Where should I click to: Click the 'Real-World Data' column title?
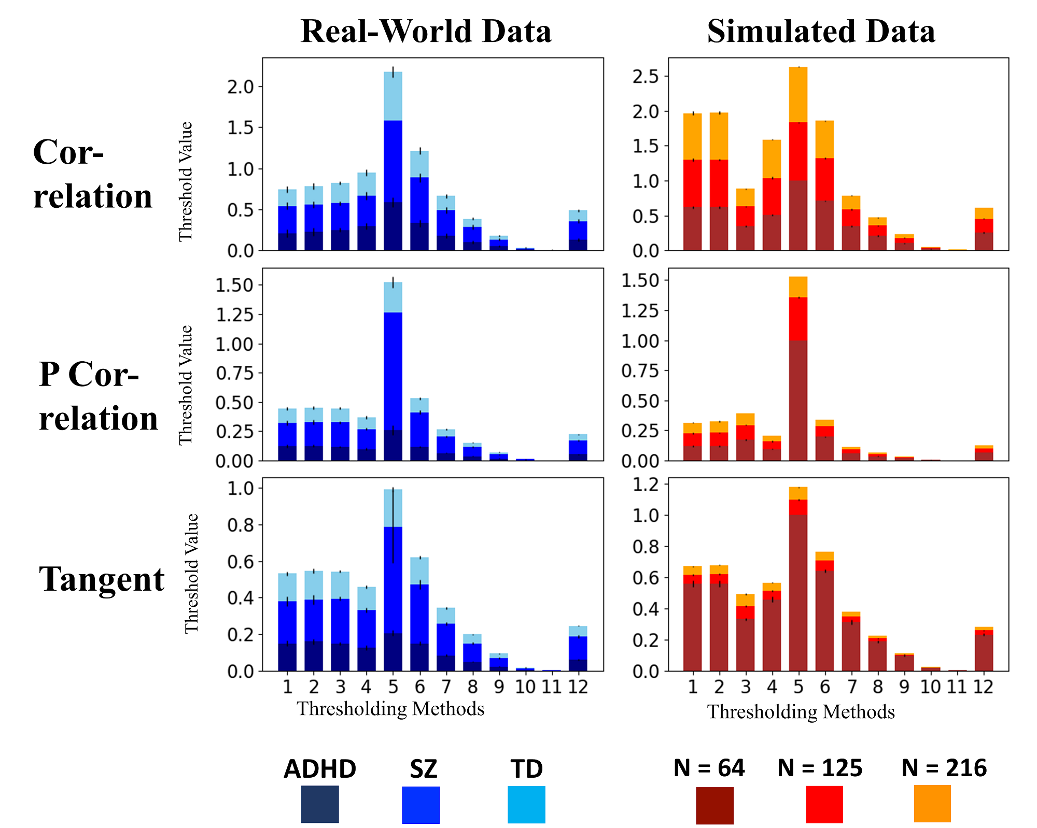click(x=426, y=31)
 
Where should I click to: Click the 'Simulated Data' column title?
click(x=821, y=31)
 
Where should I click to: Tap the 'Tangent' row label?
click(x=102, y=579)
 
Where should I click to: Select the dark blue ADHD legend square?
click(x=320, y=804)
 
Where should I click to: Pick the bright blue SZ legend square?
click(x=421, y=805)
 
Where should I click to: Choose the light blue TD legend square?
click(x=526, y=804)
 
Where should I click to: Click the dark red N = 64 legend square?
click(x=714, y=805)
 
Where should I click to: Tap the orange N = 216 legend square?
click(x=932, y=804)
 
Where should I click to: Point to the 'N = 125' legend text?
click(x=820, y=768)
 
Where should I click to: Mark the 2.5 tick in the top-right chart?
click(x=646, y=77)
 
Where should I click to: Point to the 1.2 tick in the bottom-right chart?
click(x=646, y=484)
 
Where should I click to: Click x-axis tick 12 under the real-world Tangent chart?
click(x=578, y=687)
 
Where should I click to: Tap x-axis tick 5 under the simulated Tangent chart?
click(x=798, y=687)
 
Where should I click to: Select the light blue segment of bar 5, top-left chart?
click(x=393, y=96)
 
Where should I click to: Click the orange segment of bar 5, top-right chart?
click(x=798, y=94)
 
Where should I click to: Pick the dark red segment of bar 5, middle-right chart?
click(x=798, y=401)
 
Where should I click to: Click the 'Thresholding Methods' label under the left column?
click(x=390, y=709)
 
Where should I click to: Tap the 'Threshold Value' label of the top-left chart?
click(x=186, y=181)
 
